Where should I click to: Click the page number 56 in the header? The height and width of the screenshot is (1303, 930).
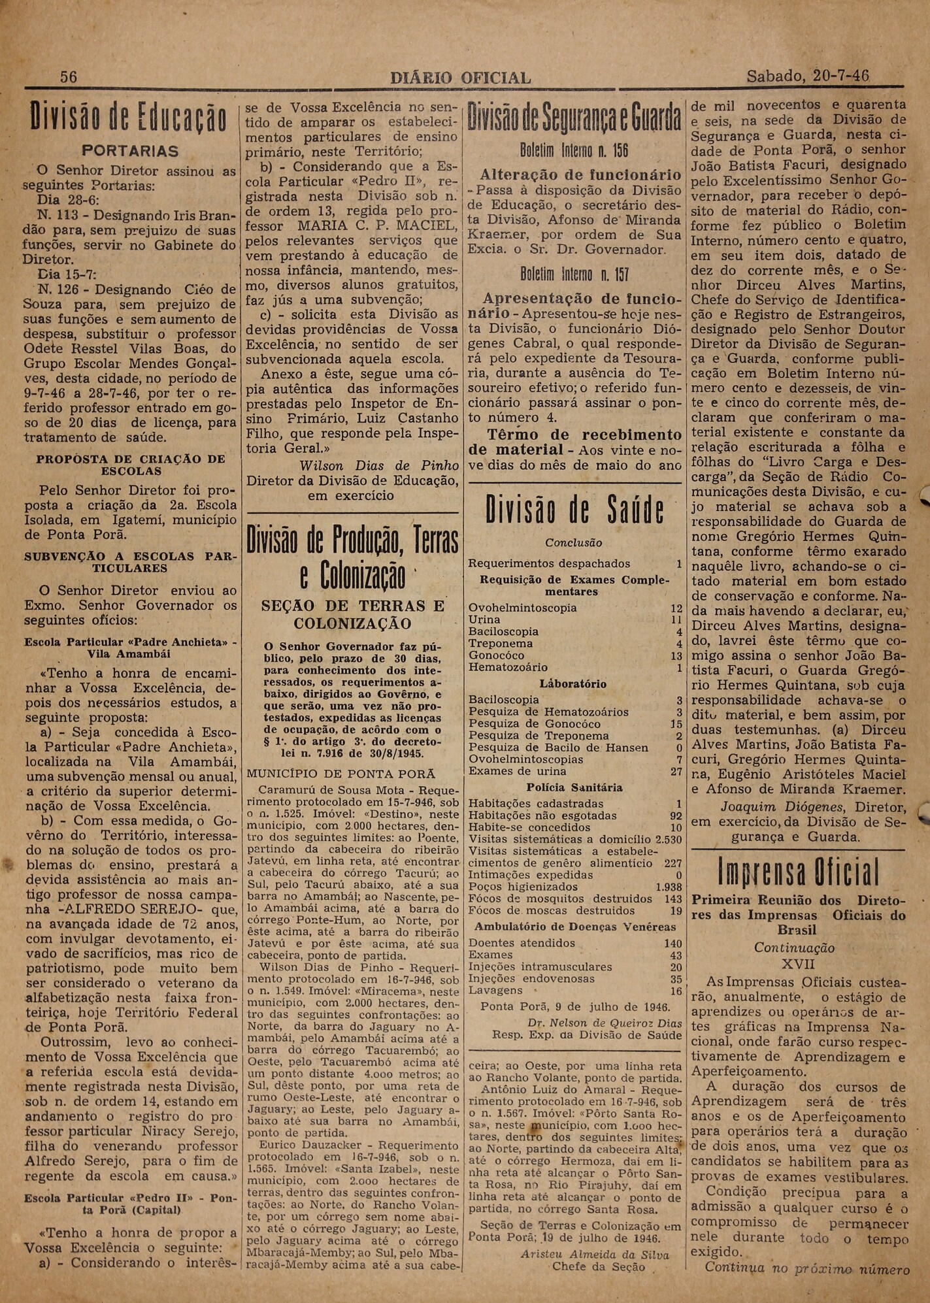69,77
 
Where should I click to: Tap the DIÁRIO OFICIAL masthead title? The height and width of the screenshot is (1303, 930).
460,78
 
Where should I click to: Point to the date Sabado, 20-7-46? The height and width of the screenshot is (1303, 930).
808,76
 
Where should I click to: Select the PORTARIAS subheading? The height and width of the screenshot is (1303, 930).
131,151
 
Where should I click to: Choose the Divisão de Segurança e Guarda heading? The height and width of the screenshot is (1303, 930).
574,119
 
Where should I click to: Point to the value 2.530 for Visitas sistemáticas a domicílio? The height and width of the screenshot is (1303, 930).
669,839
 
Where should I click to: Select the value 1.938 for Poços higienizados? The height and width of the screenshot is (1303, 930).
669,887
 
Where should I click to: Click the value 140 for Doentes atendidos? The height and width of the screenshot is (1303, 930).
673,943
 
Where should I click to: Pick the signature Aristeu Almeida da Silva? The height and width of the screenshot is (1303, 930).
595,1254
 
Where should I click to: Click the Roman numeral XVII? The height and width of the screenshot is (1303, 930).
798,963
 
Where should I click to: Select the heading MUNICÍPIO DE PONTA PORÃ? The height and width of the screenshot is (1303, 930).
341,773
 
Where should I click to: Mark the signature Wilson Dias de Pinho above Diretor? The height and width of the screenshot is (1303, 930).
355,466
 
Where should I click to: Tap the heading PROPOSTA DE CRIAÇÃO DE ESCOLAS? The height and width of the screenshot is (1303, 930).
131,465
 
